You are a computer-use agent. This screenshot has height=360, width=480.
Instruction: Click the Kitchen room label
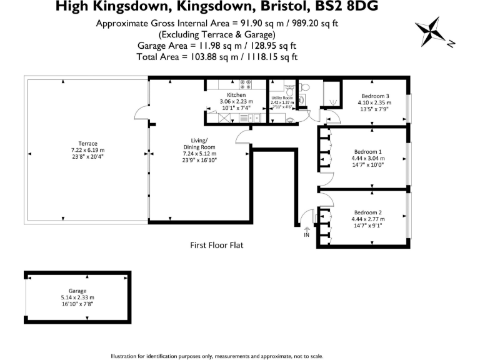pos(227,95)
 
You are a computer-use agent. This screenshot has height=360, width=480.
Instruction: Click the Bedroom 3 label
pos(374,96)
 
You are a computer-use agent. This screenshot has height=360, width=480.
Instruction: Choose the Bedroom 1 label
pos(367,152)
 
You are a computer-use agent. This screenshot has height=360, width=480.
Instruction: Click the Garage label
pos(77,291)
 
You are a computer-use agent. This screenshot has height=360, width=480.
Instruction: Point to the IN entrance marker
pos(306,235)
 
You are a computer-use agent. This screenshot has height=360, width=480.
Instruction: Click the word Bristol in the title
pos(277,7)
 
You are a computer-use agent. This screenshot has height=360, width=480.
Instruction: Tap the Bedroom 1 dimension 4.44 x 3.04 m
pos(367,159)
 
